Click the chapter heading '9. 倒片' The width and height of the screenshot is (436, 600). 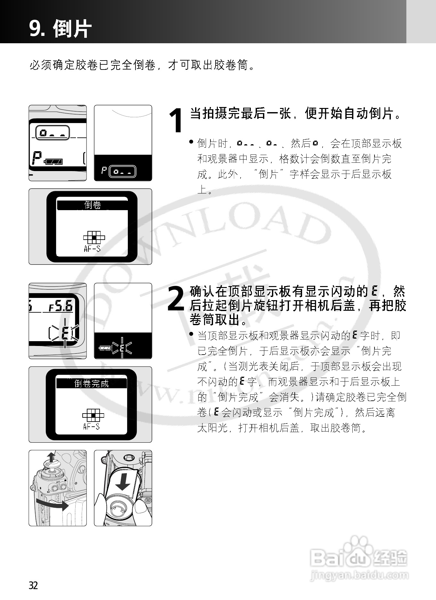point(60,29)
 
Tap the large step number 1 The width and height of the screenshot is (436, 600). point(177,121)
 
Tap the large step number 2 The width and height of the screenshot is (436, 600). point(176,299)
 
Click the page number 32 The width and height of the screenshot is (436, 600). point(33,585)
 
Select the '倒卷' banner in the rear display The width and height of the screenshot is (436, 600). point(92,205)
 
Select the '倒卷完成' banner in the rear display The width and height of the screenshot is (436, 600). point(92,383)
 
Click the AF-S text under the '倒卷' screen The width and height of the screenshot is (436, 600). point(92,248)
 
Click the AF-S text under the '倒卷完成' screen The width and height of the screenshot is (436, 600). point(91,426)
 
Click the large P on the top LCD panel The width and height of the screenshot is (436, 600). point(37,158)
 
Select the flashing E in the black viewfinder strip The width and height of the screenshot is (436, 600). point(122,348)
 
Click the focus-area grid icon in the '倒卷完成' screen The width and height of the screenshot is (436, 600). point(93,415)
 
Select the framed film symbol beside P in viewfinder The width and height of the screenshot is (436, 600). point(122,172)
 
